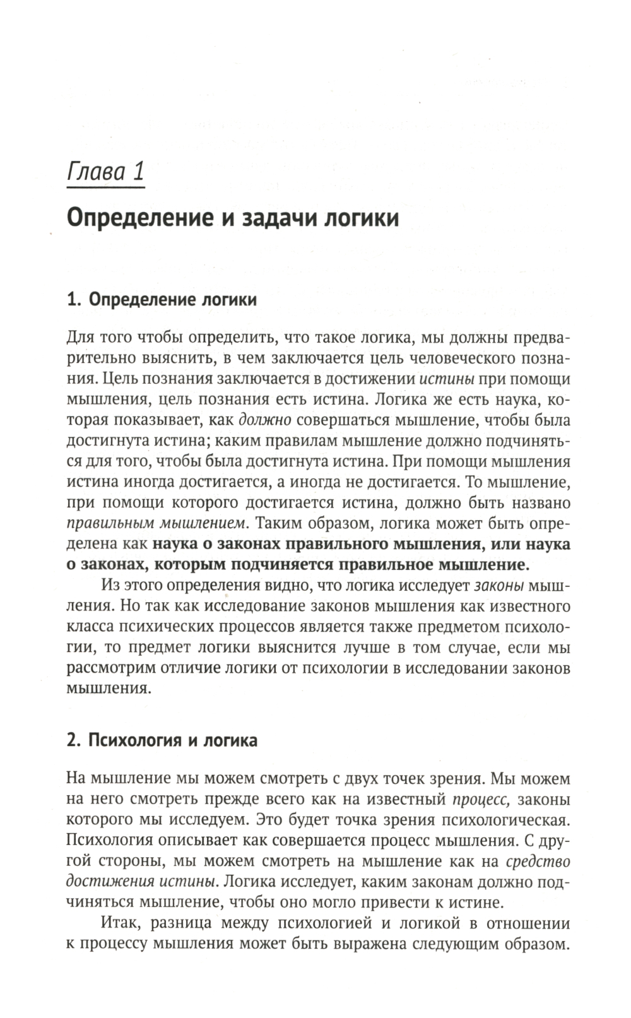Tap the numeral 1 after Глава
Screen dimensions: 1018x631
point(138,172)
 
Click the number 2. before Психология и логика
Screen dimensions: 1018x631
point(73,740)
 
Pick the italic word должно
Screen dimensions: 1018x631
point(264,420)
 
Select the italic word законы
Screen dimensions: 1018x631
point(498,585)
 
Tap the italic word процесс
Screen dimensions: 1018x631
point(481,800)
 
